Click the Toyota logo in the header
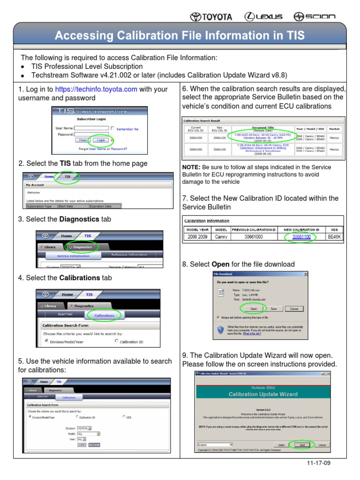(x=211, y=17)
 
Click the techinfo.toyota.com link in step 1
(x=96, y=90)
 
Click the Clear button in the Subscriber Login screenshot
(x=82, y=140)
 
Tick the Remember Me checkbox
(x=112, y=128)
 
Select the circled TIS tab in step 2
(x=67, y=177)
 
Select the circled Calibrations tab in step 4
(x=104, y=315)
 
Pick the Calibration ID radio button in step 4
(x=117, y=341)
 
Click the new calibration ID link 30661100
(x=301, y=237)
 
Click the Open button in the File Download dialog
(x=253, y=309)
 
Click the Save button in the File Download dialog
(x=274, y=309)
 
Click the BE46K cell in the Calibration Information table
(x=334, y=237)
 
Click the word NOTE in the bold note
(x=191, y=167)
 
